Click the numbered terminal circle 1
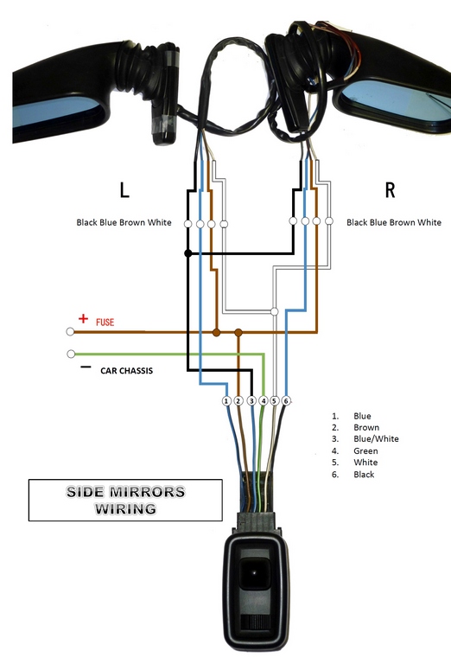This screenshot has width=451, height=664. point(226,400)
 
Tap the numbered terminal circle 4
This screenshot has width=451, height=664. point(264,400)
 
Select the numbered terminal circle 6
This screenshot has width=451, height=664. point(287,400)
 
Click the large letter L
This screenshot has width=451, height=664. point(124,190)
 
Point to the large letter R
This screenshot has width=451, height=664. point(390,190)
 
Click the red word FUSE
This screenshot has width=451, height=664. point(105,322)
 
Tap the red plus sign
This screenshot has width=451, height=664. point(83,318)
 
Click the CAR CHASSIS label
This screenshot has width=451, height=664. point(126,371)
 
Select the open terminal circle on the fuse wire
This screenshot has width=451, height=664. point(70,332)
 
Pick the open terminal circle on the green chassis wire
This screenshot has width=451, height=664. point(71,354)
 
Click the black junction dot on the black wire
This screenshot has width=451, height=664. point(188,253)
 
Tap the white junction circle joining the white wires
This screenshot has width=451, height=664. point(274,311)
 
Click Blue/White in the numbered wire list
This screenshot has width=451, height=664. point(376,439)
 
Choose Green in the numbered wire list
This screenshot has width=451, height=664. point(365,451)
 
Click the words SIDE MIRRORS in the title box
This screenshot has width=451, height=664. point(125,492)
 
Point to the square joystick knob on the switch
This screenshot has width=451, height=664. point(255,573)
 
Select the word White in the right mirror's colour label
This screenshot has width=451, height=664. point(429,222)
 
